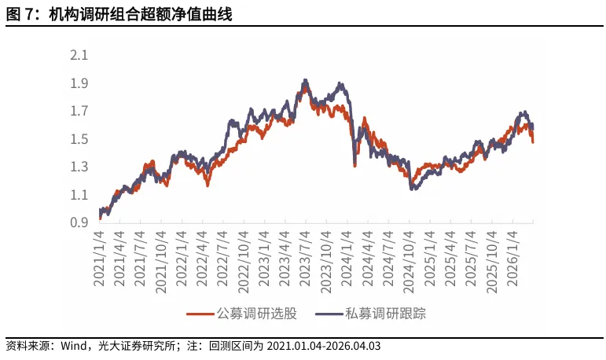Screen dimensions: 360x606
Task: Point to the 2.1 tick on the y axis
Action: [x=79, y=56]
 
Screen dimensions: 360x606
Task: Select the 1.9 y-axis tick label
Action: [x=79, y=83]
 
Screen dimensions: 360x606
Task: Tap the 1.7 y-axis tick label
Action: [x=79, y=112]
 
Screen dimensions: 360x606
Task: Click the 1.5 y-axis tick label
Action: [x=79, y=139]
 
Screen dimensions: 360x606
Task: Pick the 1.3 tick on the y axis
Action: [x=79, y=167]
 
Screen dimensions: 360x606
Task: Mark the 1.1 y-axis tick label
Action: [x=79, y=195]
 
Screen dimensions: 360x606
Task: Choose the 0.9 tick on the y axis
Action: [x=79, y=223]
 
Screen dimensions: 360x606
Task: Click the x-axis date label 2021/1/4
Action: [x=100, y=259]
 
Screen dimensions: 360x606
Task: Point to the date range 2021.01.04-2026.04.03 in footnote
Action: [x=325, y=346]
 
